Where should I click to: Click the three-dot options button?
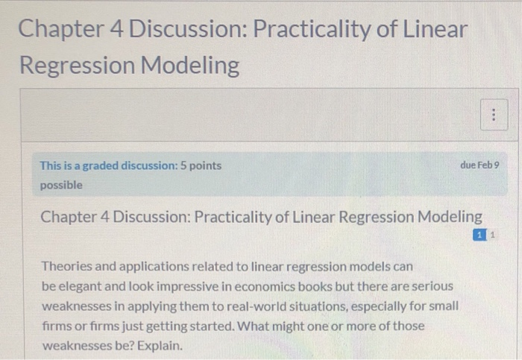tap(493, 116)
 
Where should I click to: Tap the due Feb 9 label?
tap(481, 165)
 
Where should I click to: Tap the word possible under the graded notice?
tap(62, 184)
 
